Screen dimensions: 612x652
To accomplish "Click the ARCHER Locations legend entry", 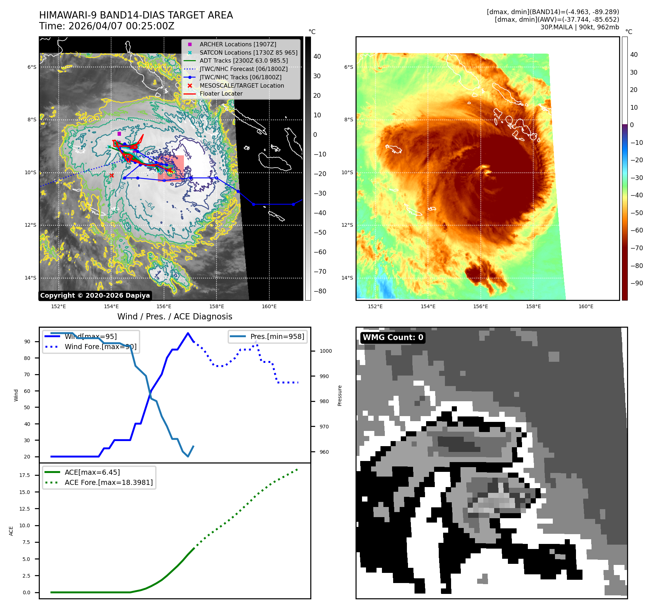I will tap(237, 44).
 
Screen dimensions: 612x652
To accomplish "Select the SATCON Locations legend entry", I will tap(248, 53).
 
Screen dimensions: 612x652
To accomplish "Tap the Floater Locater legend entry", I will tap(221, 93).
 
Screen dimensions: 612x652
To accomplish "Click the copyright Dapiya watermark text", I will tap(95, 295).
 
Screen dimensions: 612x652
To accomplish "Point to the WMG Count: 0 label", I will tap(393, 338).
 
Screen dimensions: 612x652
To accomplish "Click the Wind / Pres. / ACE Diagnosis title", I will tap(175, 317).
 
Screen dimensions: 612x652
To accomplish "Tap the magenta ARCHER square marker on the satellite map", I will tap(119, 134).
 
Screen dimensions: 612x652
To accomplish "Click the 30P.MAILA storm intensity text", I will tap(580, 27).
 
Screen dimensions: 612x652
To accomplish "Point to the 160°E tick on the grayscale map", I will tap(269, 306).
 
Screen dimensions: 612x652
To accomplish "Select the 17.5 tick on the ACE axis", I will tap(25, 475).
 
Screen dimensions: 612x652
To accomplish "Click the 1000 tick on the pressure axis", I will tap(325, 351).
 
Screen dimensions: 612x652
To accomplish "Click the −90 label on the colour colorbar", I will tap(636, 283).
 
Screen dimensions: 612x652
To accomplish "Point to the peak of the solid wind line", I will tap(188, 333).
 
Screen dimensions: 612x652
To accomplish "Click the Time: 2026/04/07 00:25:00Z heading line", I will tap(107, 26).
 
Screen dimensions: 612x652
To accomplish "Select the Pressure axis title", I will tap(340, 395).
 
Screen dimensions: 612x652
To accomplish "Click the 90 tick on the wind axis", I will tap(27, 341).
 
